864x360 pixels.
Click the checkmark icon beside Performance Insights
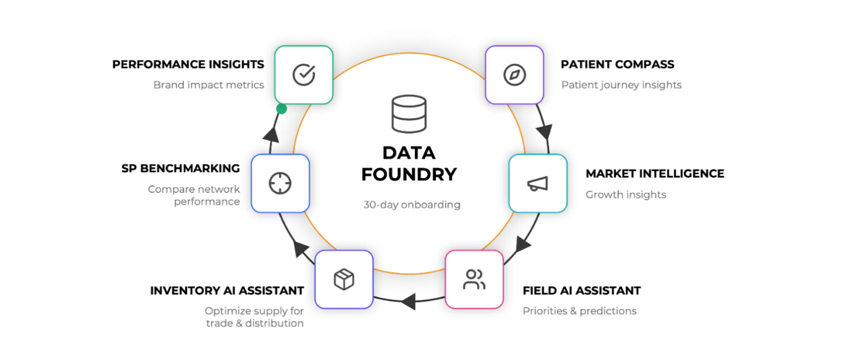coord(304,75)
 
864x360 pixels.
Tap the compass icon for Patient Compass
coord(514,75)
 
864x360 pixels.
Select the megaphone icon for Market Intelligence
coord(537,183)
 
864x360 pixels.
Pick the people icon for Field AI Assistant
coord(474,279)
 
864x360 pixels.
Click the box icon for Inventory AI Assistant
coord(344,279)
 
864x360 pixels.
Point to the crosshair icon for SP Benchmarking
coord(281,183)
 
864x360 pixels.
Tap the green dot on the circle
coord(282,109)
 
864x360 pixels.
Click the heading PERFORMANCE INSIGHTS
coord(188,64)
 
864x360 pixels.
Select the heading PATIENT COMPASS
coord(617,64)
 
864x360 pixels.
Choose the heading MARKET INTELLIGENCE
coord(655,173)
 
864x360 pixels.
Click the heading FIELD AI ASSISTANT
coord(582,290)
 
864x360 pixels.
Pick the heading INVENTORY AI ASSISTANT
coord(227,290)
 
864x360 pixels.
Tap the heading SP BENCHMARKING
coord(180,168)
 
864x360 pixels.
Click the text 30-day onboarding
coord(412,204)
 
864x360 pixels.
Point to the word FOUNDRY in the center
coord(409,174)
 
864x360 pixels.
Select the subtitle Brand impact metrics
coord(209,85)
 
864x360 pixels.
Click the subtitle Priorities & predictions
coord(579,311)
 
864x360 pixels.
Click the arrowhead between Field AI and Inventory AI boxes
coord(408,301)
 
